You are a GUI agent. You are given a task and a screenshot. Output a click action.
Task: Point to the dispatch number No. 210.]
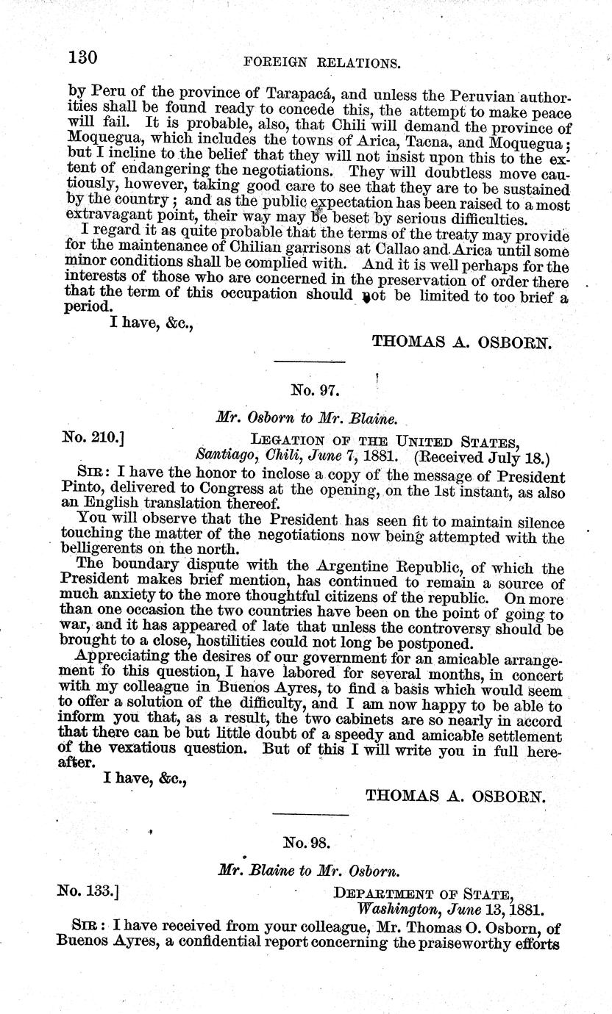(x=93, y=440)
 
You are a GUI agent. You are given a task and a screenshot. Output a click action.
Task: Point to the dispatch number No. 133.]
(x=88, y=891)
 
